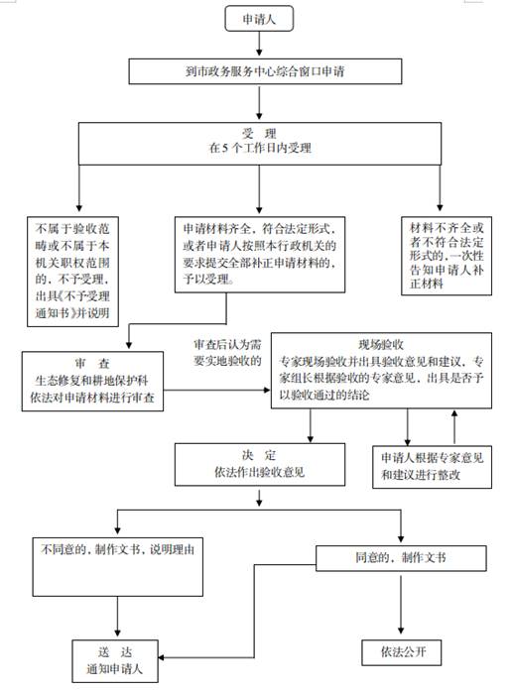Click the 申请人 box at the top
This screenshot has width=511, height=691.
[259, 19]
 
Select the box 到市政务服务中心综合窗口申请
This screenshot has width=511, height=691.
[265, 71]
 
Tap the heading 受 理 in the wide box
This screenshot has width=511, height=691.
[259, 133]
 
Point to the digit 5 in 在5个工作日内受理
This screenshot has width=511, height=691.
[225, 148]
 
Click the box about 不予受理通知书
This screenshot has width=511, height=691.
[72, 271]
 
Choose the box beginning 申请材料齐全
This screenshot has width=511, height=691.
[260, 254]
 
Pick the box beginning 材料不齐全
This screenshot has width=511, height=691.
[447, 256]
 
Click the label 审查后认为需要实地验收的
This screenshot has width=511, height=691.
[227, 353]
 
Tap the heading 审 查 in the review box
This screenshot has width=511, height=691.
[92, 364]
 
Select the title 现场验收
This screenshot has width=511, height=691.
[381, 344]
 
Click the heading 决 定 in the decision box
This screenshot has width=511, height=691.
[259, 455]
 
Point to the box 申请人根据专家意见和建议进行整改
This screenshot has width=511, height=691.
[432, 466]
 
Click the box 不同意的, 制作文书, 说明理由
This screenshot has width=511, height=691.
[118, 567]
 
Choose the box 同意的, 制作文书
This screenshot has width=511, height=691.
[401, 558]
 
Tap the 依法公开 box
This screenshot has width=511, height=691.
[401, 652]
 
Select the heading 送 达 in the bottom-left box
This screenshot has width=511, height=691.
[115, 651]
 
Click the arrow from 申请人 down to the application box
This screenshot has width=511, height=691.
[259, 44]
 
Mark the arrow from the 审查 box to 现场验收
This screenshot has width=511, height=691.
[217, 390]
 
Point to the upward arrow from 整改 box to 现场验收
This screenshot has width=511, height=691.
[454, 426]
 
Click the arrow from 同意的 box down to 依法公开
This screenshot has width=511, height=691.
[401, 604]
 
